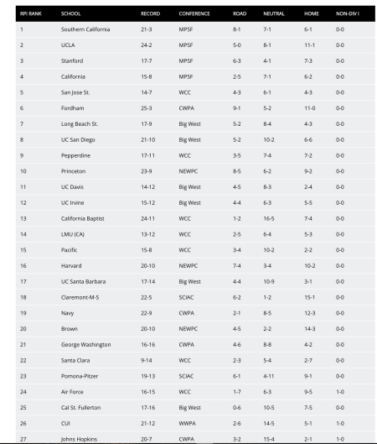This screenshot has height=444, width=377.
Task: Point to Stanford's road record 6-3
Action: (x=238, y=60)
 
